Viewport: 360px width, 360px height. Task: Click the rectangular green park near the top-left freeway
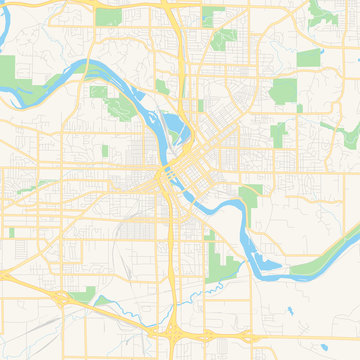coord(107,17)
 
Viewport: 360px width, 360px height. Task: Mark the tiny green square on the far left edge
coord(11,232)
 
